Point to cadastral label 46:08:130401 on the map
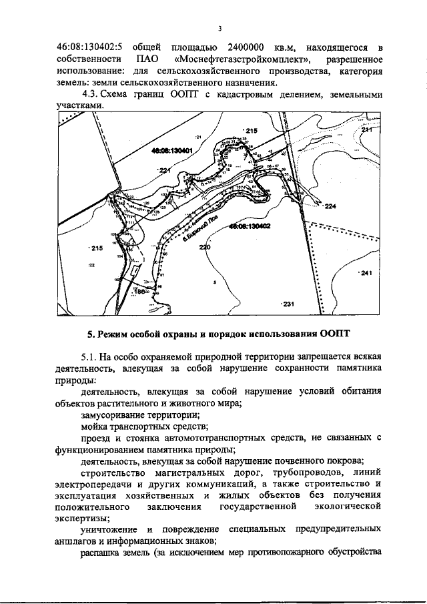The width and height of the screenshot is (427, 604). [171, 152]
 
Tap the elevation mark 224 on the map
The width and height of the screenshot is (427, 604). [330, 207]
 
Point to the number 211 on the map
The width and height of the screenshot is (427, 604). [366, 130]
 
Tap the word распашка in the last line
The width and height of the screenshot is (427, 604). [101, 553]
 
